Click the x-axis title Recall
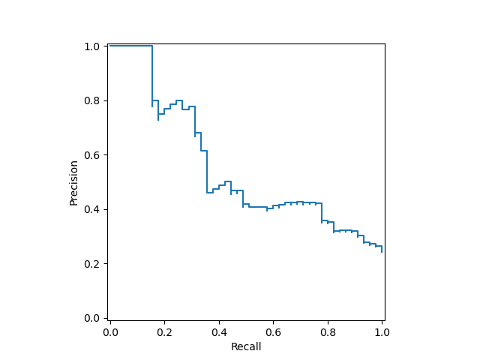[x=246, y=346]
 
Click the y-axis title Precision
[x=73, y=182]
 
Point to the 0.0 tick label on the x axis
[x=110, y=331]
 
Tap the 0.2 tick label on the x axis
[x=165, y=331]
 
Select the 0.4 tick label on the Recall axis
[x=219, y=331]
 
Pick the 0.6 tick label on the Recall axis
[x=274, y=331]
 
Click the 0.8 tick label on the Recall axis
[x=328, y=331]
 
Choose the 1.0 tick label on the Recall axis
[x=382, y=331]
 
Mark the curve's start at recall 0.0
[x=110, y=46]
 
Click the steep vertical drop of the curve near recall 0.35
[x=207, y=172]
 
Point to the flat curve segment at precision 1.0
[x=131, y=46]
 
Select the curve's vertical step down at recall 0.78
[x=322, y=212]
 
